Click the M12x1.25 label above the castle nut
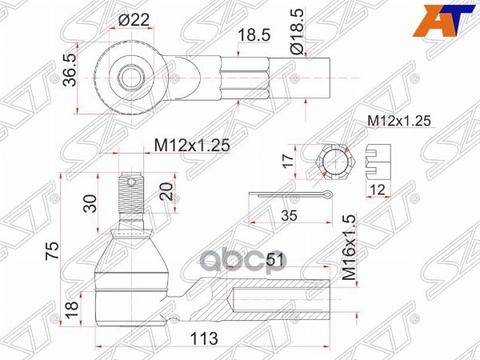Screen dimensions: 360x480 point(399,120)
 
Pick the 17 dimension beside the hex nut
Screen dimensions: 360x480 point(290,162)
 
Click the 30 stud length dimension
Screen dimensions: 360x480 point(91,202)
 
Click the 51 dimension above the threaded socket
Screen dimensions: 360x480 point(275,260)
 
